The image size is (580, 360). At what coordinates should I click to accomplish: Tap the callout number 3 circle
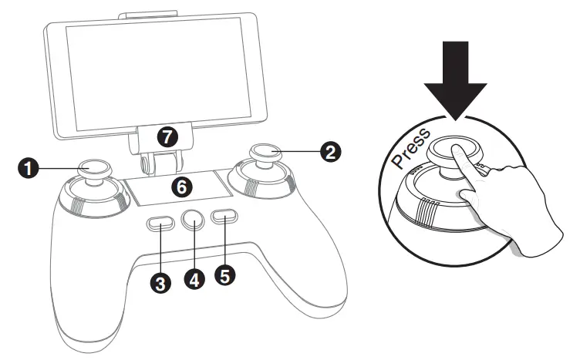point(160,283)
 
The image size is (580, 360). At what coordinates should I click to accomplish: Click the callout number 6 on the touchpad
point(180,186)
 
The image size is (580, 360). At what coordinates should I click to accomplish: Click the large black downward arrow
point(455,77)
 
